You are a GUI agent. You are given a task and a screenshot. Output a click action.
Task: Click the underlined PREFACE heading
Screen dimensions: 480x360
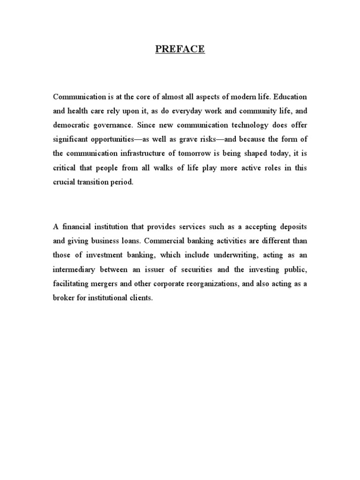coord(180,48)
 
